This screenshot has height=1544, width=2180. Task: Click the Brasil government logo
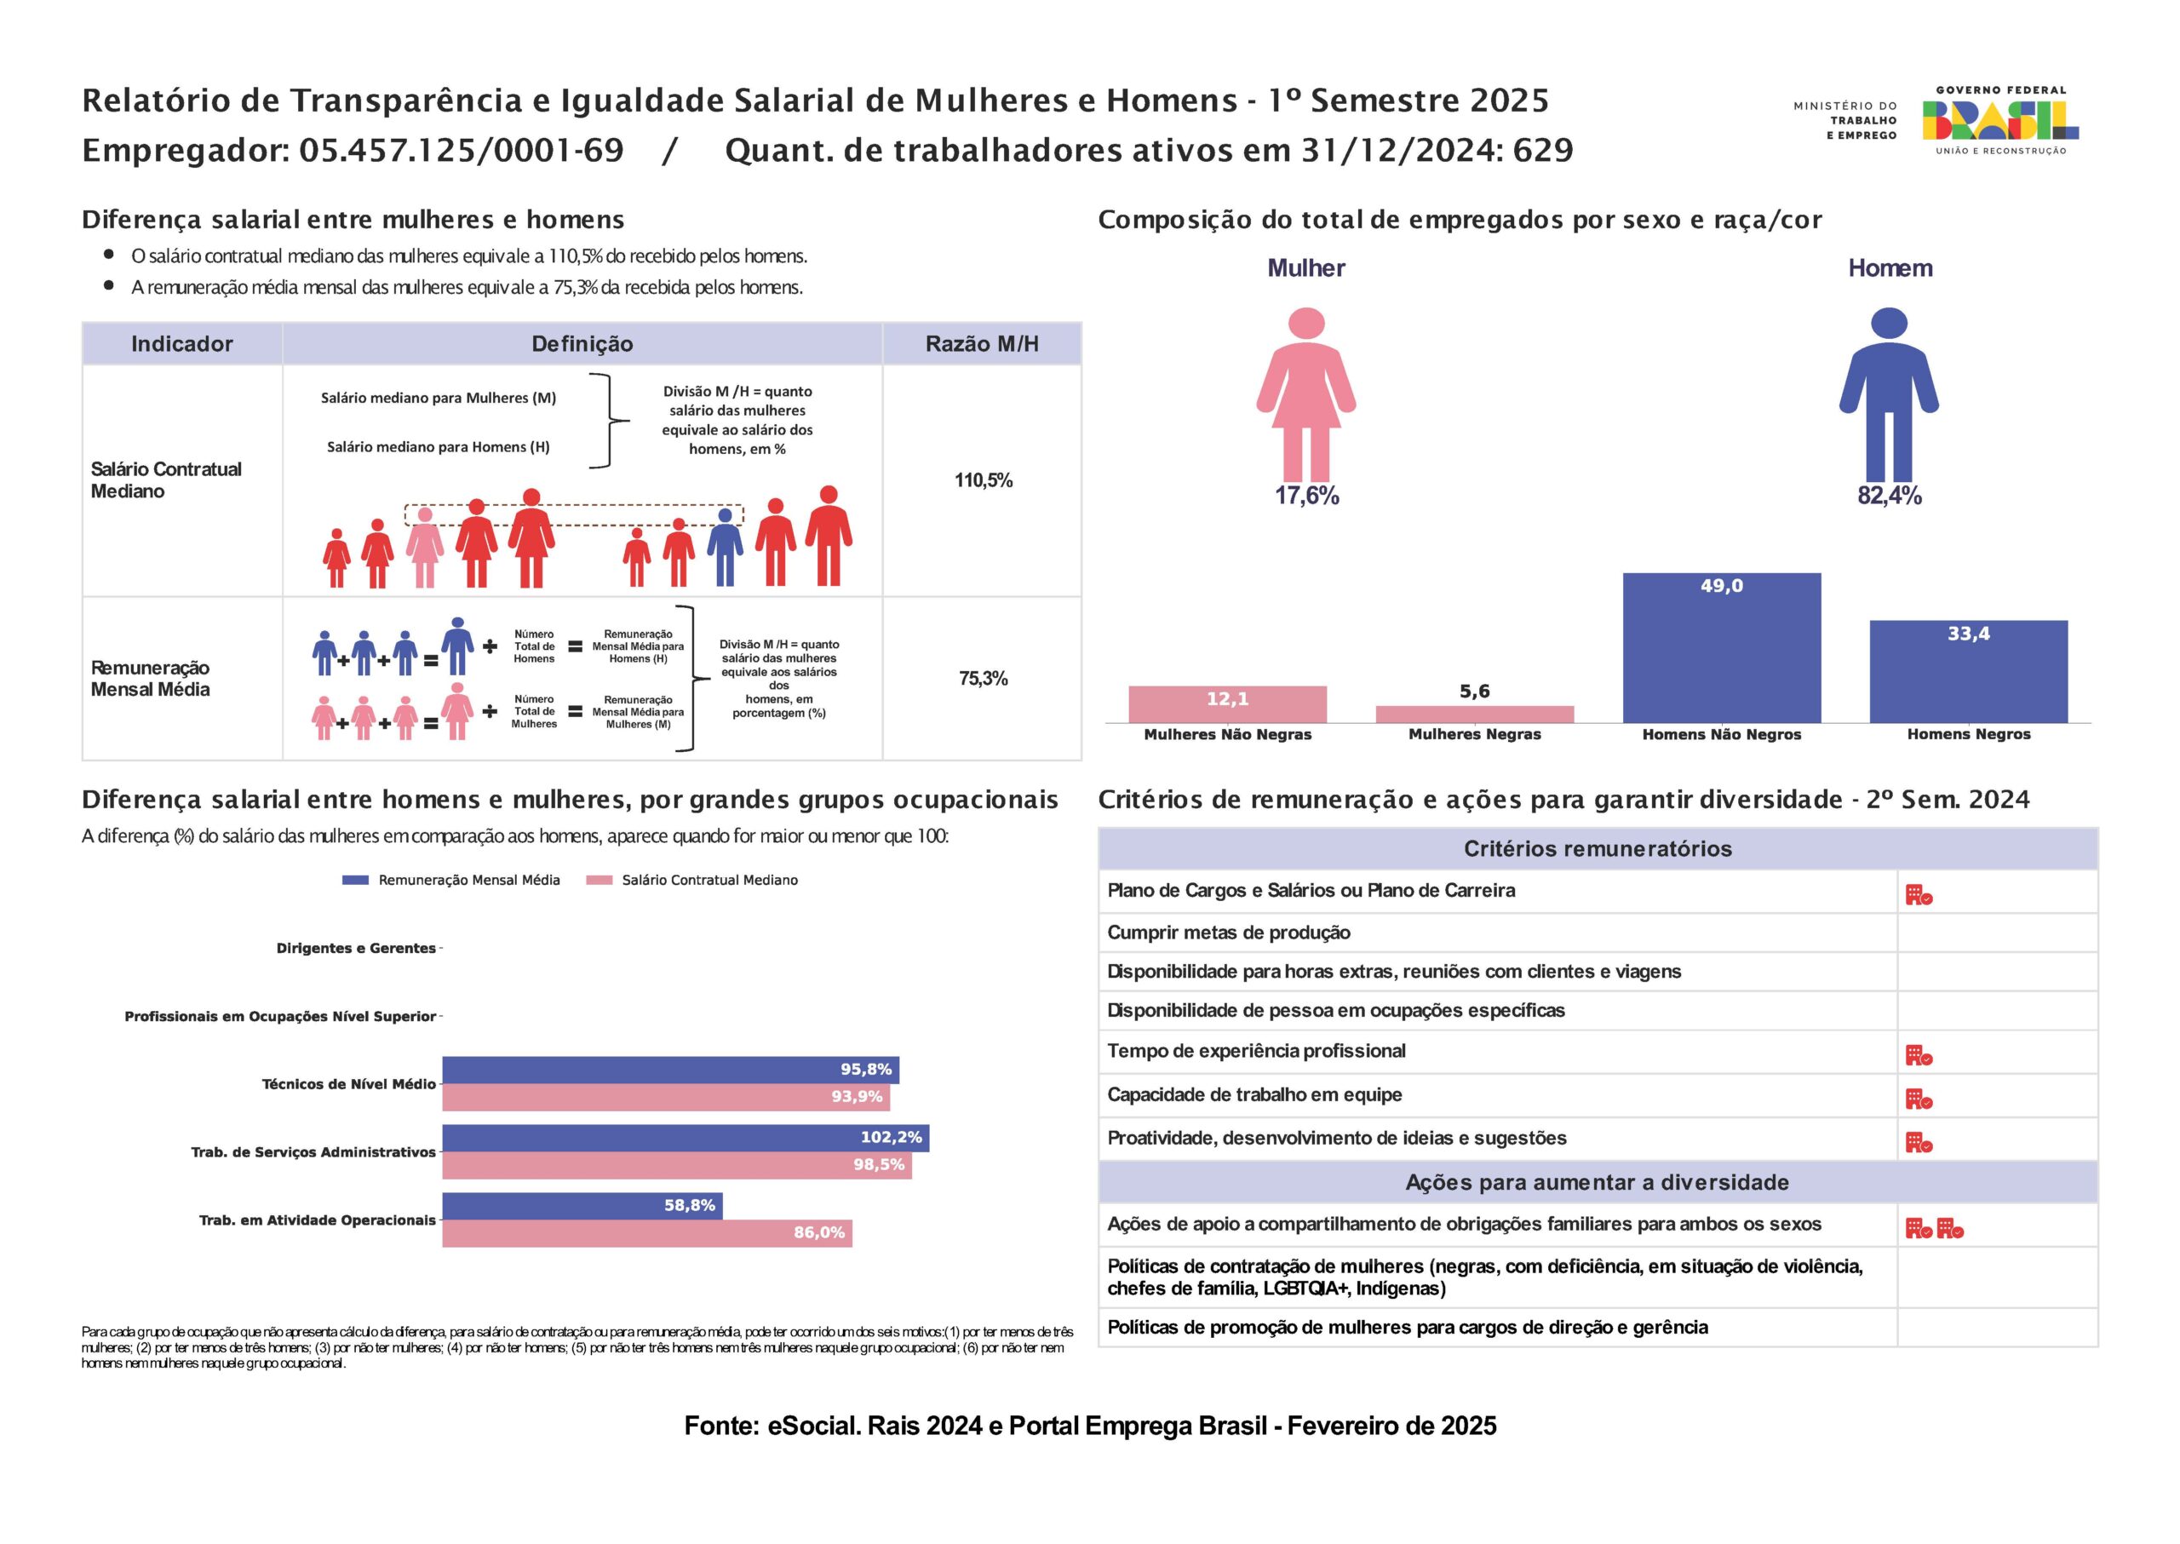(x=1999, y=121)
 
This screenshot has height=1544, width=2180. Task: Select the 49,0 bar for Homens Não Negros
(x=1721, y=647)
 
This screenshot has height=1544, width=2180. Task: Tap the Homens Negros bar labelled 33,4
(x=1968, y=671)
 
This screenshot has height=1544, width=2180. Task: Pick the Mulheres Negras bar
(x=1475, y=714)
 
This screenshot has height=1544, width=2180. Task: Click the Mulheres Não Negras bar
(x=1227, y=703)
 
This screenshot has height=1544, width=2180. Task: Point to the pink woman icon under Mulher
(x=1306, y=393)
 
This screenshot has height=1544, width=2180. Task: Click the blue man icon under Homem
(x=1888, y=393)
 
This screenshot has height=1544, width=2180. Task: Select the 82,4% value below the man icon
(x=1889, y=496)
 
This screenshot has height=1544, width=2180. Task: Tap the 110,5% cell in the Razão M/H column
(x=983, y=480)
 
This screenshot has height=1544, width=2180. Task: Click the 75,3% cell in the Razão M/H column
(x=983, y=678)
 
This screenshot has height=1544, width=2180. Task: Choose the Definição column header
(x=582, y=344)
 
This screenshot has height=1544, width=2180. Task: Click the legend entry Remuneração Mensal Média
(x=450, y=881)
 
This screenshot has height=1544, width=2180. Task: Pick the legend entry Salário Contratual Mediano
(x=693, y=881)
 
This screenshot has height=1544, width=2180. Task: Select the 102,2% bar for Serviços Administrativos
(x=686, y=1138)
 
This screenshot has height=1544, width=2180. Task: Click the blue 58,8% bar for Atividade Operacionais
(x=582, y=1206)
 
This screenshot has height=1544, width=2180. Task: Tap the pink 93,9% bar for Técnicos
(x=666, y=1097)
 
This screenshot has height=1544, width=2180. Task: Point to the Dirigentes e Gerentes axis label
(x=356, y=948)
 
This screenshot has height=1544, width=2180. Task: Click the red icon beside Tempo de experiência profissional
(x=1919, y=1055)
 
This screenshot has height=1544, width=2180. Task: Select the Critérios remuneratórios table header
(x=1598, y=849)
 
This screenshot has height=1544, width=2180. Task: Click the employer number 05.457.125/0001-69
(x=461, y=150)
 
